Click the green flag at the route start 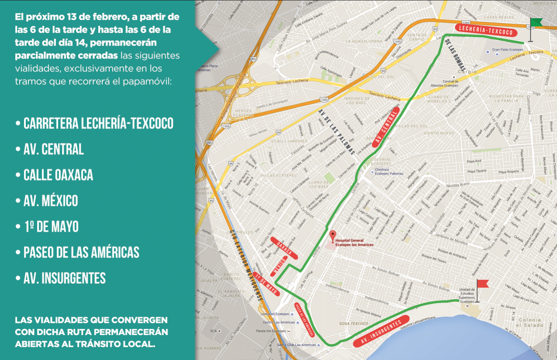pos(536,23)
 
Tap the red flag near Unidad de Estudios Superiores pos(482,284)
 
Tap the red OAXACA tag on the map pos(284,248)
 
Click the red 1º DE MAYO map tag pos(267,285)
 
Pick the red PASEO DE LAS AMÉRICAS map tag pos(305,320)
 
